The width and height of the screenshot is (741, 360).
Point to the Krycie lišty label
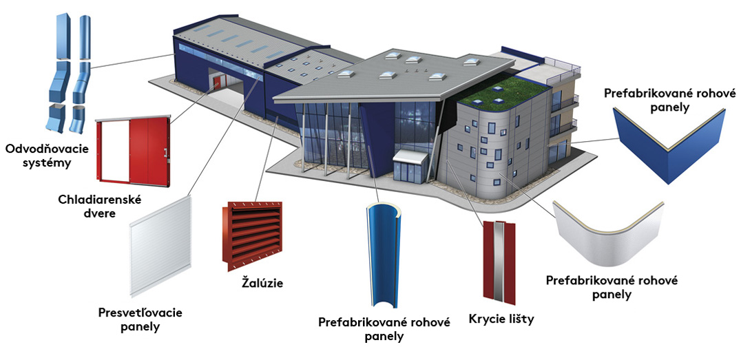point(501,319)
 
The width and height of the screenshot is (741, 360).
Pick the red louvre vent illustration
point(252,235)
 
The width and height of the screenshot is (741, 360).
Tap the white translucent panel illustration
point(160,249)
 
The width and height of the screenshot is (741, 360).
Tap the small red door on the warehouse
point(217,84)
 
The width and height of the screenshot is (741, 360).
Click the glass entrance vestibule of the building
point(410,167)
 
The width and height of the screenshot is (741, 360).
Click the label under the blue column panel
point(384,329)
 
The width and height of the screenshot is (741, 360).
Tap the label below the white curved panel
point(612,287)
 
